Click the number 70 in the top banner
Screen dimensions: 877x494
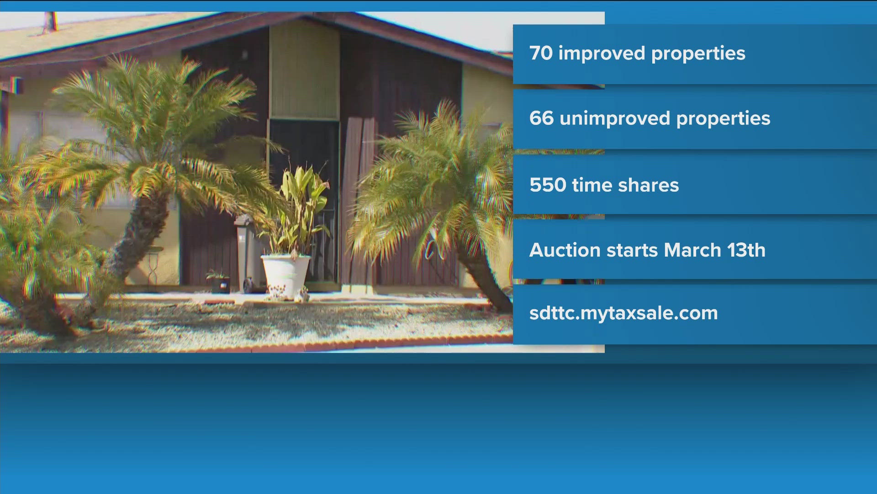coord(541,53)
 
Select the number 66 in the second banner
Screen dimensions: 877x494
coord(542,118)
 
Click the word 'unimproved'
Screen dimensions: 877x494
coord(615,119)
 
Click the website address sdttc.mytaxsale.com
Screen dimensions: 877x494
coord(623,314)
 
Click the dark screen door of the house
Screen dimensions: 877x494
coord(304,201)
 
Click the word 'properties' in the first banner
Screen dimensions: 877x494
coord(698,54)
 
